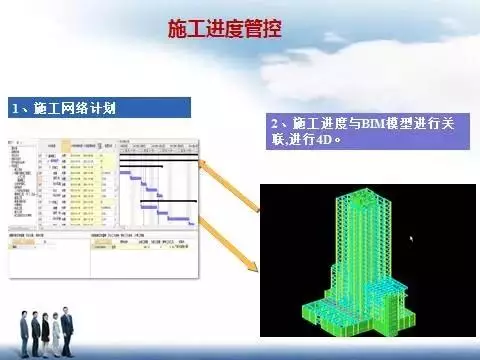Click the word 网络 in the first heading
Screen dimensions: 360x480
pyautogui.click(x=71, y=107)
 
